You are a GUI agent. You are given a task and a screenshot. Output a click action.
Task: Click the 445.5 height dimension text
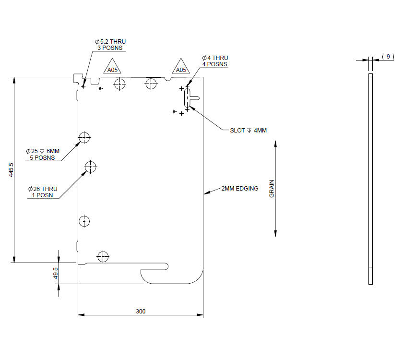point(11,170)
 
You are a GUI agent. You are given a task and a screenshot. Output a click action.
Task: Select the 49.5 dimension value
point(55,273)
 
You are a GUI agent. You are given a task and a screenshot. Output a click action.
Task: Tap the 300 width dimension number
point(140,311)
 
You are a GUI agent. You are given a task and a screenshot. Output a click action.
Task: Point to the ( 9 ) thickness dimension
point(388,57)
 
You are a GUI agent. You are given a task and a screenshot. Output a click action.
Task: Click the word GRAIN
point(271,189)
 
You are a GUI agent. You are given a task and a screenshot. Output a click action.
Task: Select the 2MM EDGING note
point(239,189)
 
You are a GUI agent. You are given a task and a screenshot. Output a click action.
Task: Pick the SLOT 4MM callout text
point(248,131)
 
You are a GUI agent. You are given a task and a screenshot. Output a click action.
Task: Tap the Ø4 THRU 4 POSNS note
point(214,61)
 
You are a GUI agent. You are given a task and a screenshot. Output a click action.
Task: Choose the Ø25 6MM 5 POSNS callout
point(43,154)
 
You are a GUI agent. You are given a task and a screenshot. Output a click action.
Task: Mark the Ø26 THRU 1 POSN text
point(43,192)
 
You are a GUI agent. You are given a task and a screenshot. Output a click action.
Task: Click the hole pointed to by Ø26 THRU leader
point(90,167)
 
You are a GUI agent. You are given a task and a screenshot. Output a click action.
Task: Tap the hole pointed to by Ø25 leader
point(84,138)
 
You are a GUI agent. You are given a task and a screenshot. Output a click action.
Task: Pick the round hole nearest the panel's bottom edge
point(103,256)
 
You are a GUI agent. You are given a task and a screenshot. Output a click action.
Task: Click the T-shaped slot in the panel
point(188,98)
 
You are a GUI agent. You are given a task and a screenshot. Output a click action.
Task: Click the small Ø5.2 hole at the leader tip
point(83,86)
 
